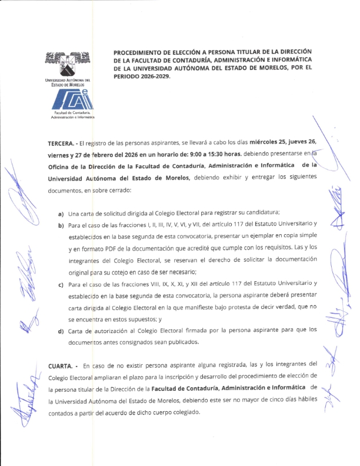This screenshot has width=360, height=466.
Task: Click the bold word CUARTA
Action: click(61, 365)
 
